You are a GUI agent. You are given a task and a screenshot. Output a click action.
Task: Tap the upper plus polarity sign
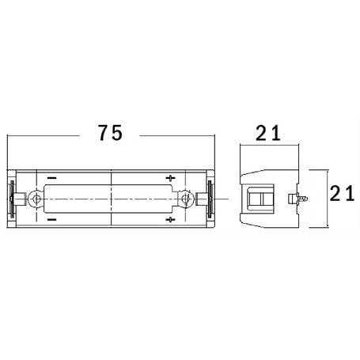172,177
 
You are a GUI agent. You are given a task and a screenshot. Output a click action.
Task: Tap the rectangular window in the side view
262,198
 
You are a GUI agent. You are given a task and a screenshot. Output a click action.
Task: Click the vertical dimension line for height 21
326,198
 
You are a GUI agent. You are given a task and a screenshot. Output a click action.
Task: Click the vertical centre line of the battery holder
111,198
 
